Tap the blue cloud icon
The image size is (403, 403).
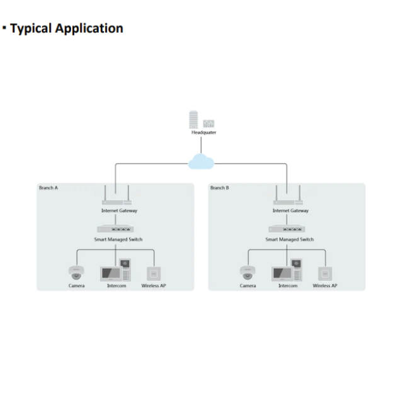click(201, 161)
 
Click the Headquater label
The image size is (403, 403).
click(204, 132)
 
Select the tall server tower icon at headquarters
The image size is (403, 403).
click(193, 120)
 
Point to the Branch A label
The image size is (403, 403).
click(48, 188)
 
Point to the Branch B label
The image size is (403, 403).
click(220, 188)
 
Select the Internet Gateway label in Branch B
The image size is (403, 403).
click(290, 211)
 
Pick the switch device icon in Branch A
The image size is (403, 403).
click(115, 229)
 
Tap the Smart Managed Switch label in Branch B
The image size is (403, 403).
click(290, 239)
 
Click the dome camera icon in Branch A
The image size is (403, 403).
click(76, 273)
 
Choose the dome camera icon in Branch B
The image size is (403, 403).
click(247, 273)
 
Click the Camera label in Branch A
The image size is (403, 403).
click(77, 286)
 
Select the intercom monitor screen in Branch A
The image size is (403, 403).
click(111, 274)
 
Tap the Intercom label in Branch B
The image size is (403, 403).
click(288, 286)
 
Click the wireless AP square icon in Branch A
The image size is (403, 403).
click(154, 274)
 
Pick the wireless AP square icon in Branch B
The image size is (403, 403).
click(325, 274)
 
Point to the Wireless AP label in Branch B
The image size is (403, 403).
click(325, 286)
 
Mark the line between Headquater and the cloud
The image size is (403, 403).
click(201, 145)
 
